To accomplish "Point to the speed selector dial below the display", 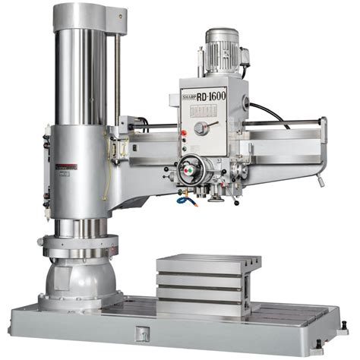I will pos(201,128).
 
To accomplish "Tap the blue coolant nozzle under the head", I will pos(183,200).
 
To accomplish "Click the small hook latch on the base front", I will pos(142,332).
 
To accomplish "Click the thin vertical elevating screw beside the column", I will pos(116,68).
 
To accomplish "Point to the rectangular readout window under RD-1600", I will pos(202,111).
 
